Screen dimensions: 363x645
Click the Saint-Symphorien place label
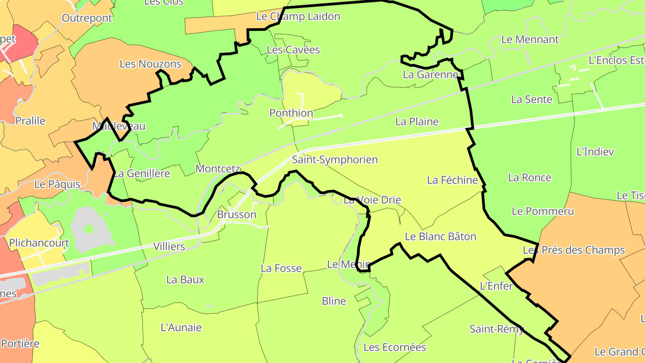[x=335, y=160]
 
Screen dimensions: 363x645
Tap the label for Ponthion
[x=291, y=113]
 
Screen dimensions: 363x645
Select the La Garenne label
[x=430, y=74]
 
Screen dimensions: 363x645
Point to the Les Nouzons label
[x=150, y=64]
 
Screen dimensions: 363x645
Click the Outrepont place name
[x=87, y=18]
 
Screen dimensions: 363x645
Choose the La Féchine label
[x=452, y=180]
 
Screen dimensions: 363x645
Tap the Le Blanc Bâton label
[x=440, y=236]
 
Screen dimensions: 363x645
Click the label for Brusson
[x=236, y=215]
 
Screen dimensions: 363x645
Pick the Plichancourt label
[x=39, y=243]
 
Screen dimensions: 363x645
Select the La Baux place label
[x=185, y=280]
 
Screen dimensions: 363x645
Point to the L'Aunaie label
[x=181, y=328]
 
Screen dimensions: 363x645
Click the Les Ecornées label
[x=395, y=347]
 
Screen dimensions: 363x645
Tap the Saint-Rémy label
[x=496, y=329]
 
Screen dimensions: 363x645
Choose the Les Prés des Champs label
[x=573, y=250]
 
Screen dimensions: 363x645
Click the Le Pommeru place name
[x=542, y=211]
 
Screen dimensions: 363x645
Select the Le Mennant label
[x=530, y=39]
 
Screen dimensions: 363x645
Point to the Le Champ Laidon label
[x=298, y=17]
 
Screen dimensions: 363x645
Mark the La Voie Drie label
[x=372, y=200]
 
